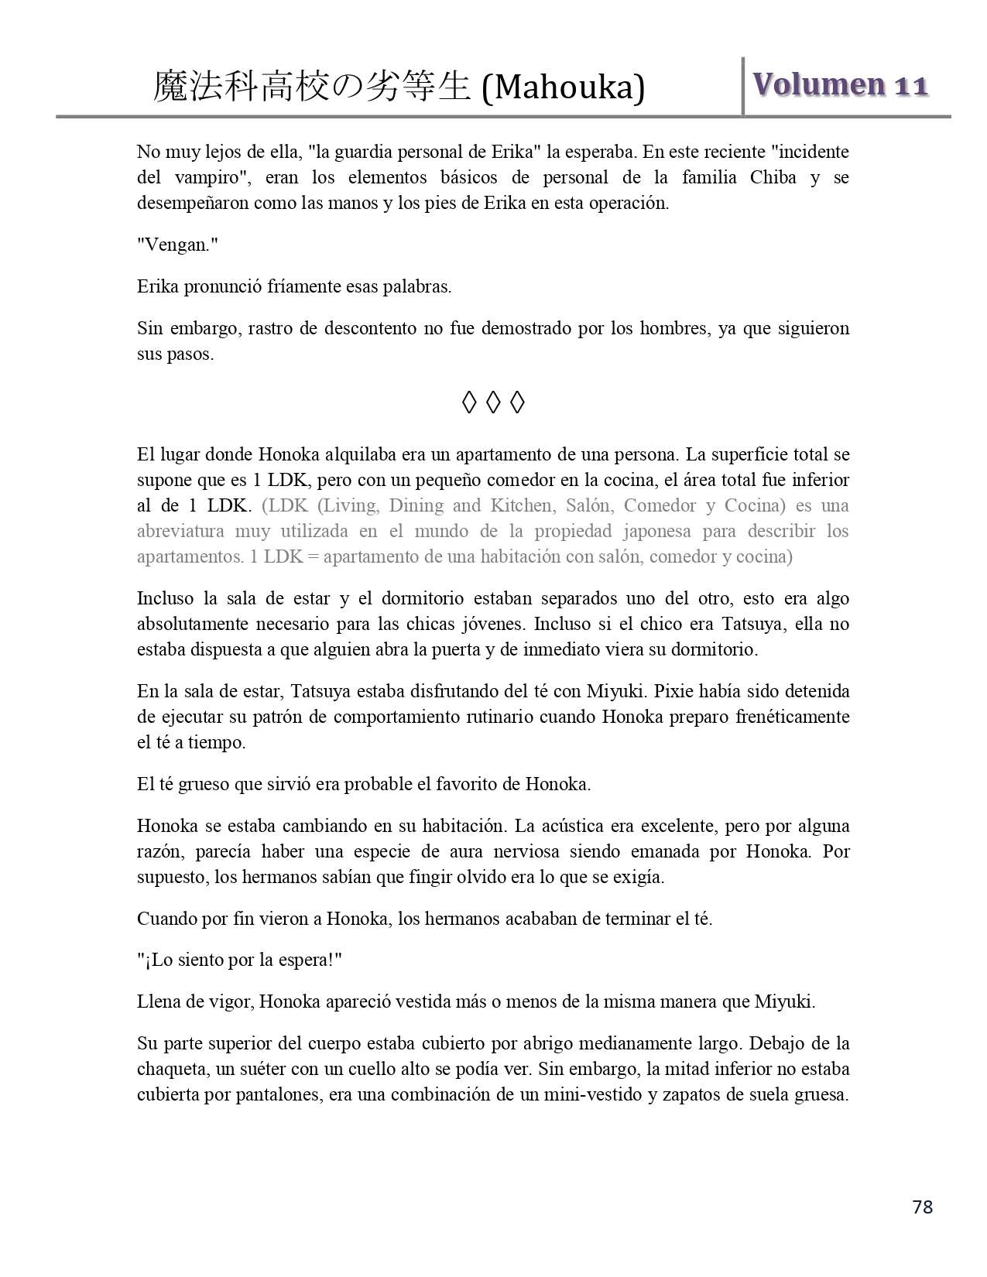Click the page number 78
[x=922, y=1207]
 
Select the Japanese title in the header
[x=310, y=87]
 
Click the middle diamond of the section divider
[x=493, y=402]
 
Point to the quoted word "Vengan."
[x=177, y=245]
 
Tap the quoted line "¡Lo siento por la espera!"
[x=239, y=960]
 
